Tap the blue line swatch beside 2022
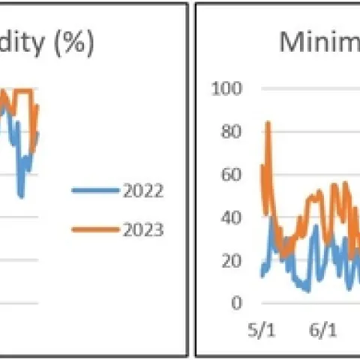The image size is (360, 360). tap(94, 190)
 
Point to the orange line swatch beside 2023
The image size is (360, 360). tap(94, 229)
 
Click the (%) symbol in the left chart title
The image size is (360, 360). tap(73, 43)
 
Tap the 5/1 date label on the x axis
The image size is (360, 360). tap(261, 330)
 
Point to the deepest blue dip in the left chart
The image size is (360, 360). tap(22, 196)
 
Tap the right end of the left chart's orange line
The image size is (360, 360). tap(37, 106)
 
